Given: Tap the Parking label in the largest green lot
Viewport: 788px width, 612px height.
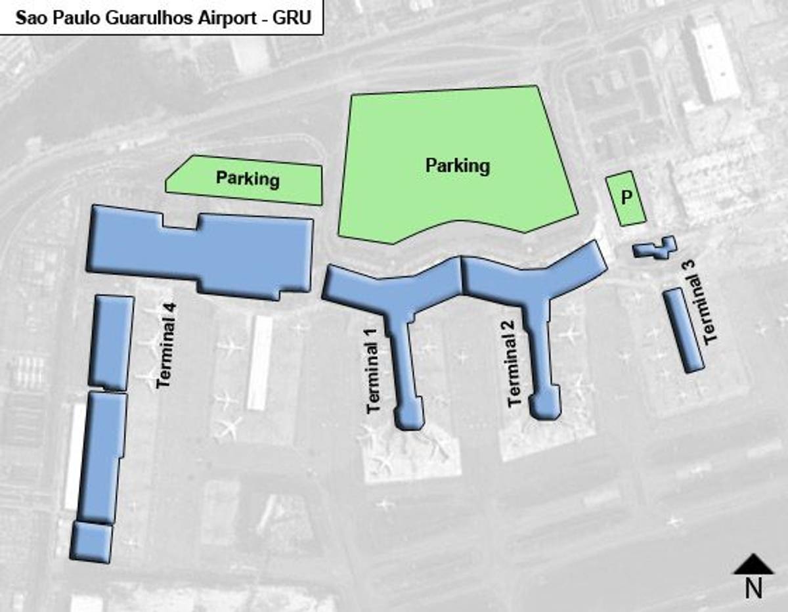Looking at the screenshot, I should coord(458,165).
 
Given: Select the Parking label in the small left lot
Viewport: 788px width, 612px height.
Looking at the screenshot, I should coord(248,179).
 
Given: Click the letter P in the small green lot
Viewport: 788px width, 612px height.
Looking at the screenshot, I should coord(626,198).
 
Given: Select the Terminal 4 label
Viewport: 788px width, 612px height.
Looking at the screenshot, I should coord(167,344).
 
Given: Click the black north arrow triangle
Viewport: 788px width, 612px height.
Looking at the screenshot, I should coord(753,564).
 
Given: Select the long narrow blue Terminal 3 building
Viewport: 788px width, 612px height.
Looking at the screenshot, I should coord(683,330).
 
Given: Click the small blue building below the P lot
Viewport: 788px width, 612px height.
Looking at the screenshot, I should coord(655,248).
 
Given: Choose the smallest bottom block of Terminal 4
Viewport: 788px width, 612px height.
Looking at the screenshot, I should coord(91,541).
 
